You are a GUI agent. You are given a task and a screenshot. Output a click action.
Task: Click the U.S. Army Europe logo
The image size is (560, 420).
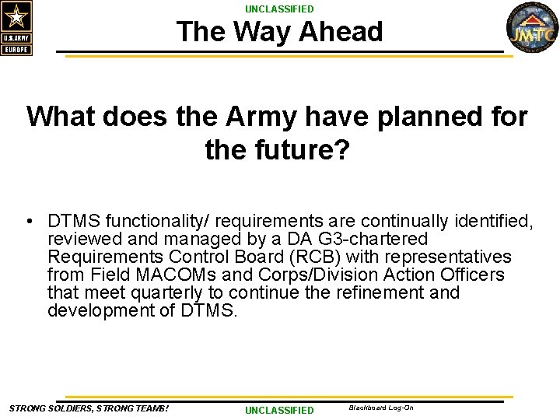coord(16,29)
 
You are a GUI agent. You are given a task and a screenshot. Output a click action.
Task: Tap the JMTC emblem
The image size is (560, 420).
coord(532,29)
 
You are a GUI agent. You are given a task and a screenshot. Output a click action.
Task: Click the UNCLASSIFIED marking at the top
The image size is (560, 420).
coord(279,9)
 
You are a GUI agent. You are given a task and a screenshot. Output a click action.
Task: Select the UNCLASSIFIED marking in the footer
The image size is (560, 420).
coord(279,410)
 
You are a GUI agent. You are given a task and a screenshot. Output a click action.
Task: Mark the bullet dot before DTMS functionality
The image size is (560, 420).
coord(28,222)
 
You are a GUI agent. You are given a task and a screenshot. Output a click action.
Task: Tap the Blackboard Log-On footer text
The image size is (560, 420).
coord(381,408)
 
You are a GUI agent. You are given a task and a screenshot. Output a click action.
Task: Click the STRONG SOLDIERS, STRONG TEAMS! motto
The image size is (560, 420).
coord(89,408)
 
